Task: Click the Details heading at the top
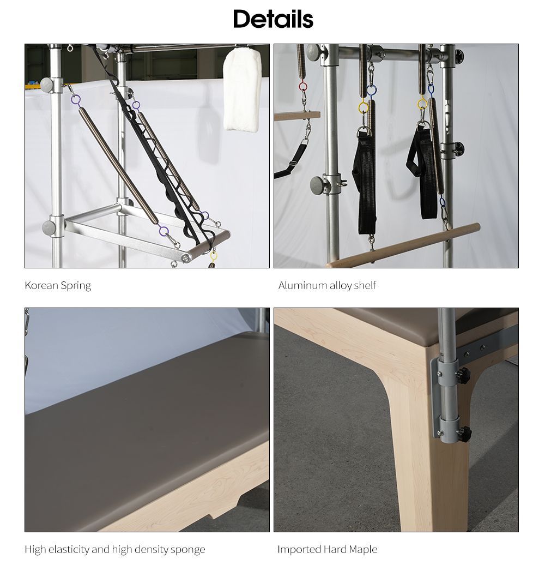coord(272,19)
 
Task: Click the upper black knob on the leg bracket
coord(463,375)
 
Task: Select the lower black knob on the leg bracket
coord(463,434)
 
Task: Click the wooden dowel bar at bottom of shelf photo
coord(403,245)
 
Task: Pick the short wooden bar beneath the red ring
coord(297,116)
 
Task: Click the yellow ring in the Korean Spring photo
coord(214,255)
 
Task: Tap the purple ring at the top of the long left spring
coord(76,99)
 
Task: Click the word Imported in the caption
coord(299,549)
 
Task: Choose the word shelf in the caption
coord(365,285)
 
